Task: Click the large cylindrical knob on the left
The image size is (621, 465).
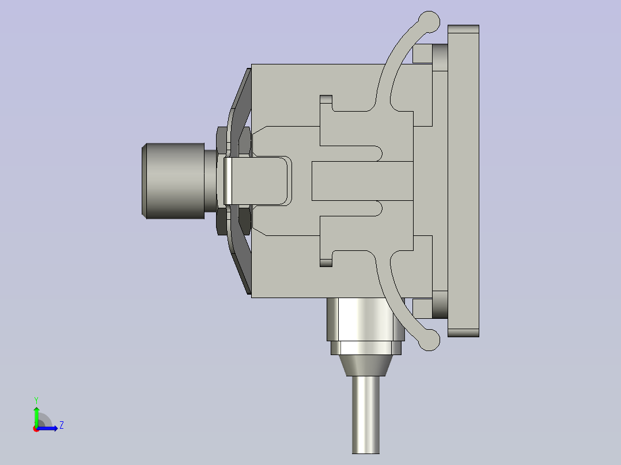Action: (x=173, y=181)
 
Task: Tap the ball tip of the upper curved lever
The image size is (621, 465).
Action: (x=429, y=21)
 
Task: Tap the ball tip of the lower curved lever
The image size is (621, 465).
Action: (x=430, y=340)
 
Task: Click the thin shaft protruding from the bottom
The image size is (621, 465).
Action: (x=365, y=414)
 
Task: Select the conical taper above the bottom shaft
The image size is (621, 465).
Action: (x=365, y=365)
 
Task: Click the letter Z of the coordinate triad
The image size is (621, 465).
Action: (x=61, y=425)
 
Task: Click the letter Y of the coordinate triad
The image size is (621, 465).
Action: (x=36, y=399)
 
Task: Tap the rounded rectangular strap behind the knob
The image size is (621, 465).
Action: (x=256, y=181)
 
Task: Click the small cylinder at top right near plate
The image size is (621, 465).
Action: (x=440, y=56)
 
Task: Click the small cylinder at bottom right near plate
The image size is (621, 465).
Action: (x=440, y=304)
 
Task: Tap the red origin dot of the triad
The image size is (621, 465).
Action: (x=36, y=429)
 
